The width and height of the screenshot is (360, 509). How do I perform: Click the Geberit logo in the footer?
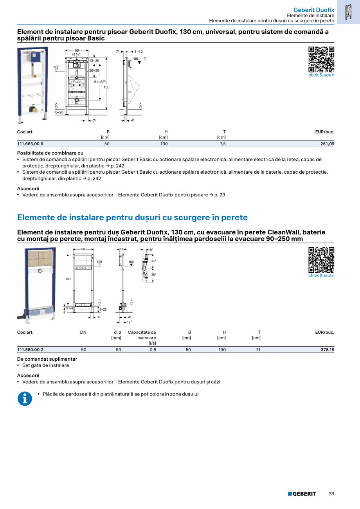point(302,494)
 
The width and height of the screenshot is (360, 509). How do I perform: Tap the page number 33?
point(331,494)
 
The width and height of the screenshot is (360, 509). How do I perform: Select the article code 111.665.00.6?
point(30,144)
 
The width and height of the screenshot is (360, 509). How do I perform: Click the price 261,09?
point(327,144)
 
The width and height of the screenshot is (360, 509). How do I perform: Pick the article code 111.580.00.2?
point(30,350)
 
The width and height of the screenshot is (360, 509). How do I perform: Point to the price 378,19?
point(327,350)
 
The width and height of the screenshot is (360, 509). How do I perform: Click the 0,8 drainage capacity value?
point(153,350)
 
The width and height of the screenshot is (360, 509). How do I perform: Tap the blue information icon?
point(25,399)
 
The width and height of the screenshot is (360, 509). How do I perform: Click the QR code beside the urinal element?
point(321,59)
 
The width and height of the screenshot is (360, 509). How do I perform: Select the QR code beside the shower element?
point(321,260)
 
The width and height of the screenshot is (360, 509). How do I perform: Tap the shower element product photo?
point(36,285)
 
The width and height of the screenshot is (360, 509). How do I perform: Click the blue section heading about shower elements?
point(132,218)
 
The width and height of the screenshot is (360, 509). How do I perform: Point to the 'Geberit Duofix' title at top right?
point(313,10)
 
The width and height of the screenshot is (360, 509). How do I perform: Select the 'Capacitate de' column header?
point(142,332)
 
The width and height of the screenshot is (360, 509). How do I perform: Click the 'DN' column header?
point(83,332)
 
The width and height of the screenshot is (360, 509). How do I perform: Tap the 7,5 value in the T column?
point(222,144)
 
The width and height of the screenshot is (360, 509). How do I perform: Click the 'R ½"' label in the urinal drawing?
point(76,54)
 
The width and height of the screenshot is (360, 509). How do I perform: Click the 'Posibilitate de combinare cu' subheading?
point(50,153)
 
